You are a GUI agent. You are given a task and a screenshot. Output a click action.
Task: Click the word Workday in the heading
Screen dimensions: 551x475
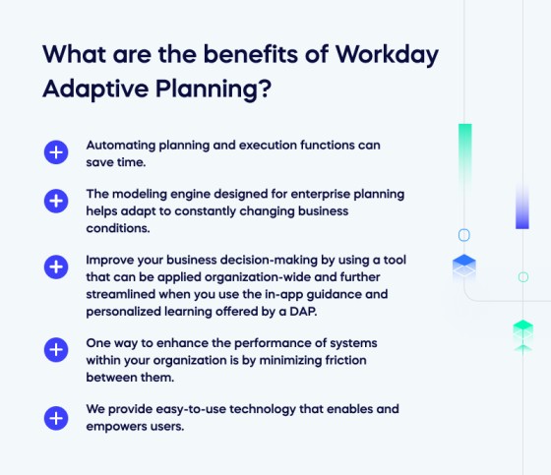coord(387,55)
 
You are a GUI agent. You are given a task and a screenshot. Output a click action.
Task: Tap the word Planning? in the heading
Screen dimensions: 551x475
coord(214,89)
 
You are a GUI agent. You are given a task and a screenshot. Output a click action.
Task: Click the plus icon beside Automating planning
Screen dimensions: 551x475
coord(56,152)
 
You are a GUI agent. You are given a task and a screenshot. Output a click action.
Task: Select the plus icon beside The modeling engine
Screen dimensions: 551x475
coord(56,202)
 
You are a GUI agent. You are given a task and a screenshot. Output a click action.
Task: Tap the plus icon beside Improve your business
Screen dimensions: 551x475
coord(56,267)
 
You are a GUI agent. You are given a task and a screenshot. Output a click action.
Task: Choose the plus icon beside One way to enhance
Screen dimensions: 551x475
coord(56,350)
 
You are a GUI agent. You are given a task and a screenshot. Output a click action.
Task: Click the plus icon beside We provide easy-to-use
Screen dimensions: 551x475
coord(56,418)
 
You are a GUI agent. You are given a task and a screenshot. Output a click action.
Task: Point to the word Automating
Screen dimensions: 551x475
coord(120,146)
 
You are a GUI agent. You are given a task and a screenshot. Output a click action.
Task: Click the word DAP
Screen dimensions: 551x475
coord(303,312)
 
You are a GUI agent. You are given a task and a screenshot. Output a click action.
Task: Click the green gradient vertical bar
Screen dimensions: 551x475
coord(464,158)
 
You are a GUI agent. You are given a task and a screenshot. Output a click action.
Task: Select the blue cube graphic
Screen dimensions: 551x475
coord(464,267)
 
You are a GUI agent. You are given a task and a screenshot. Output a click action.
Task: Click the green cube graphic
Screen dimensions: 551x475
coord(523,334)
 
